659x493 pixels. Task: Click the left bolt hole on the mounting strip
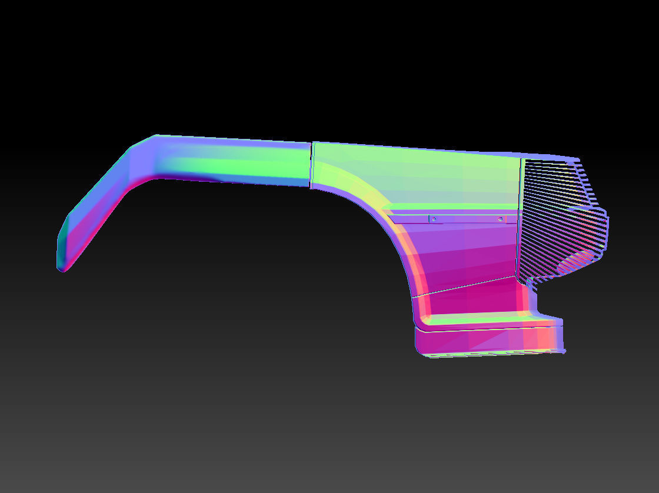pos(433,219)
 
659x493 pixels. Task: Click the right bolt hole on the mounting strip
pos(500,219)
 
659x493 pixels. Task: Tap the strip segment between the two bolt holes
pos(467,219)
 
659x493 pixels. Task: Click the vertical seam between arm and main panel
pos(311,165)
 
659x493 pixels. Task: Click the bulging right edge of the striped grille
pos(606,229)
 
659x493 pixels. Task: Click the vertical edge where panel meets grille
pos(520,218)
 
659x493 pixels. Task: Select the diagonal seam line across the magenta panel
pos(465,285)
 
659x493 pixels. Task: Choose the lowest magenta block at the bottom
pos(482,341)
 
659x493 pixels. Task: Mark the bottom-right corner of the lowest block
pos(564,352)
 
